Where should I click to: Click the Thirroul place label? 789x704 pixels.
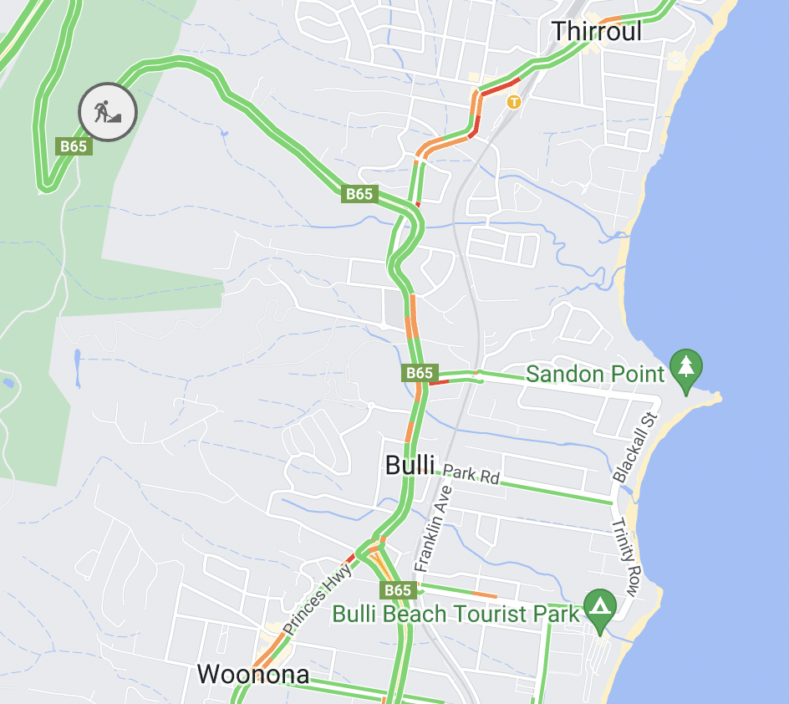597,32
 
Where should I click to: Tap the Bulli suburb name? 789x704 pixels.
410,466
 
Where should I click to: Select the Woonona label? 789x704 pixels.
252,674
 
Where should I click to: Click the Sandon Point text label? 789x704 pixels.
595,374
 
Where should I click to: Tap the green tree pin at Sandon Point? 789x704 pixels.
686,369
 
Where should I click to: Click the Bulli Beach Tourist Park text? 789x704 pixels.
456,614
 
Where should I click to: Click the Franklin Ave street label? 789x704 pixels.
432,528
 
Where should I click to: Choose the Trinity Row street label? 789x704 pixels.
626,558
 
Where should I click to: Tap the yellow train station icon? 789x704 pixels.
514,102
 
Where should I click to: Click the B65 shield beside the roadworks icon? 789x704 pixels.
74,146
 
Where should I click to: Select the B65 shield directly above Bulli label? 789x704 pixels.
419,373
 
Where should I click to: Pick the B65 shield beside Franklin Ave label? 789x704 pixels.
398,590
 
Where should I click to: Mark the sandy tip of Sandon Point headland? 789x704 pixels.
715,396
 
